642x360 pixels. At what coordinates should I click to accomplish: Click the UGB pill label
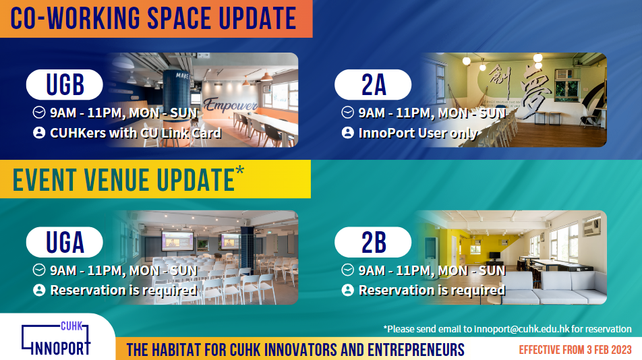tap(64, 85)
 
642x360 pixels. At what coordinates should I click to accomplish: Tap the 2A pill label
tap(373, 85)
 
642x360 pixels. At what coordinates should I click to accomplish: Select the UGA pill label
tap(64, 242)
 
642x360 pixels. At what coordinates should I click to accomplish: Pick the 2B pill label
tap(373, 242)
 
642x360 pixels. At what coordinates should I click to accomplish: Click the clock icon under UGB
tap(39, 113)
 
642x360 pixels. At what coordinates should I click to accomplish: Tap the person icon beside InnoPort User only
tap(347, 133)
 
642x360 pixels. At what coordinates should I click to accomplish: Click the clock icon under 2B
tap(347, 270)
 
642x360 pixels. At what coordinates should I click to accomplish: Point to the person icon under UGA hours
tap(39, 290)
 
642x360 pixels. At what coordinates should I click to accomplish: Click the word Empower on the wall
tap(231, 105)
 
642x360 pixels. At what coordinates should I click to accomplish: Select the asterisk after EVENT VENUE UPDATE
tap(239, 171)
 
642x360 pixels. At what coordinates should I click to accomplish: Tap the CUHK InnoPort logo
tap(56, 338)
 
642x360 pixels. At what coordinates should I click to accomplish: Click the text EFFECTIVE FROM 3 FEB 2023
tap(575, 350)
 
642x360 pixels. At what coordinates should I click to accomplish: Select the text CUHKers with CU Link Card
tap(136, 133)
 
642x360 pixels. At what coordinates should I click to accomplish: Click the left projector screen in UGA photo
tap(178, 241)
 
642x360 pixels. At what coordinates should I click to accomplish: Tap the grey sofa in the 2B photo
tap(554, 288)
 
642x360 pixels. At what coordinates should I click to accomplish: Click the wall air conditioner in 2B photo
tap(591, 226)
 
